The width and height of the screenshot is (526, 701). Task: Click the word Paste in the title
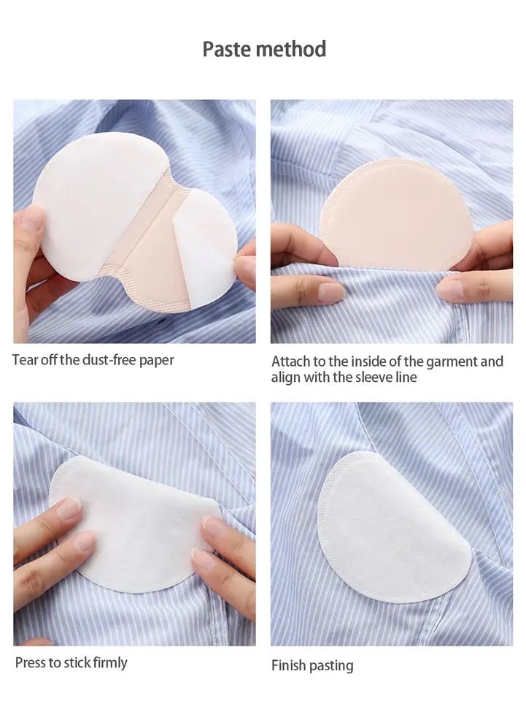[227, 49]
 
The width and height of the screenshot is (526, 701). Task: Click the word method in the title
[291, 49]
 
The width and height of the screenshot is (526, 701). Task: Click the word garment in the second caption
[451, 361]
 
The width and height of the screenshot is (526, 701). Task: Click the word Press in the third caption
[30, 662]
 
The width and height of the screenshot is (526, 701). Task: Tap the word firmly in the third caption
[110, 662]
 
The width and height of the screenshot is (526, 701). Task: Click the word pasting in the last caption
[331, 666]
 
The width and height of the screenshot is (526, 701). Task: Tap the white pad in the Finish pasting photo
[393, 526]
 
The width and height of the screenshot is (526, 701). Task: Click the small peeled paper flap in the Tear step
[206, 248]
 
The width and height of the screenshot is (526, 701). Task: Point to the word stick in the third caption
[77, 662]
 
